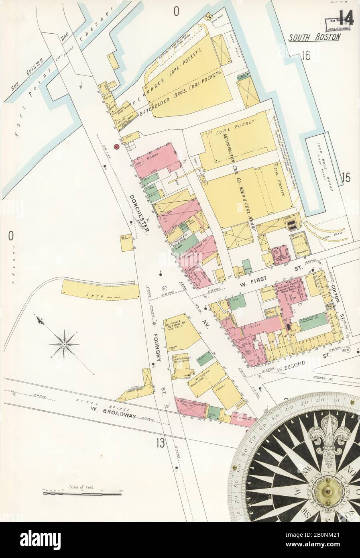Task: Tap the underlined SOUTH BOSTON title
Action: pos(315,37)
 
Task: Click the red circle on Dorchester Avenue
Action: pos(117,147)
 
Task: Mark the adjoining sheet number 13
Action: pos(161,443)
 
